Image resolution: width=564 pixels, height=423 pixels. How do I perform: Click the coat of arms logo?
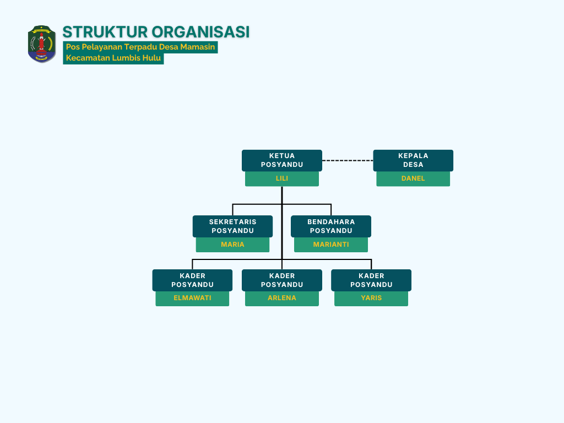(x=42, y=44)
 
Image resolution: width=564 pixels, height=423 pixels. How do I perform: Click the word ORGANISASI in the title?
(x=200, y=32)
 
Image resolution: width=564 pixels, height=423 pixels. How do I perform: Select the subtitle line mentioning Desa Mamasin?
(x=140, y=47)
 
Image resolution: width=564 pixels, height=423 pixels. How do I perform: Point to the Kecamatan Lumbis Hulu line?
(x=113, y=58)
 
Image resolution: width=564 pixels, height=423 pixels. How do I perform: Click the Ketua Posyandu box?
(x=281, y=160)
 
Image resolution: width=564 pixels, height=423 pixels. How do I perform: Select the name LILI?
(x=281, y=178)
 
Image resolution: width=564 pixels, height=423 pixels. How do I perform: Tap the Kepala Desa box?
(x=413, y=160)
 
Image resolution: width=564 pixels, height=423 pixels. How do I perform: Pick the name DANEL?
(x=413, y=178)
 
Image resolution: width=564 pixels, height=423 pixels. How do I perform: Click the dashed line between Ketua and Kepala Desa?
(x=348, y=160)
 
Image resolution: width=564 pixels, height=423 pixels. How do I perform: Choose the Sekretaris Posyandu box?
(x=233, y=226)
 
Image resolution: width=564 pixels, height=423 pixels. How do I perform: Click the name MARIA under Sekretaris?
(x=233, y=245)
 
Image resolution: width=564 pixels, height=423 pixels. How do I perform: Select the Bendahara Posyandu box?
(x=331, y=226)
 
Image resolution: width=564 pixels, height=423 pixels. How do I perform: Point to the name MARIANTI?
(x=331, y=245)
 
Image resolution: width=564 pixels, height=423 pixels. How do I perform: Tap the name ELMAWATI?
(x=192, y=298)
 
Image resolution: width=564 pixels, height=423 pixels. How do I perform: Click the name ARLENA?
(x=281, y=298)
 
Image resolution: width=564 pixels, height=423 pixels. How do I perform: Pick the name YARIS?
(x=371, y=298)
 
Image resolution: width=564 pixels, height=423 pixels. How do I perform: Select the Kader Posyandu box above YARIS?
(x=371, y=280)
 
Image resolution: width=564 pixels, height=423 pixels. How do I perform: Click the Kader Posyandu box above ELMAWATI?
(x=192, y=280)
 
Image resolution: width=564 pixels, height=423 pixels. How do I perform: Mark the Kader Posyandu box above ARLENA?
(x=281, y=280)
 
